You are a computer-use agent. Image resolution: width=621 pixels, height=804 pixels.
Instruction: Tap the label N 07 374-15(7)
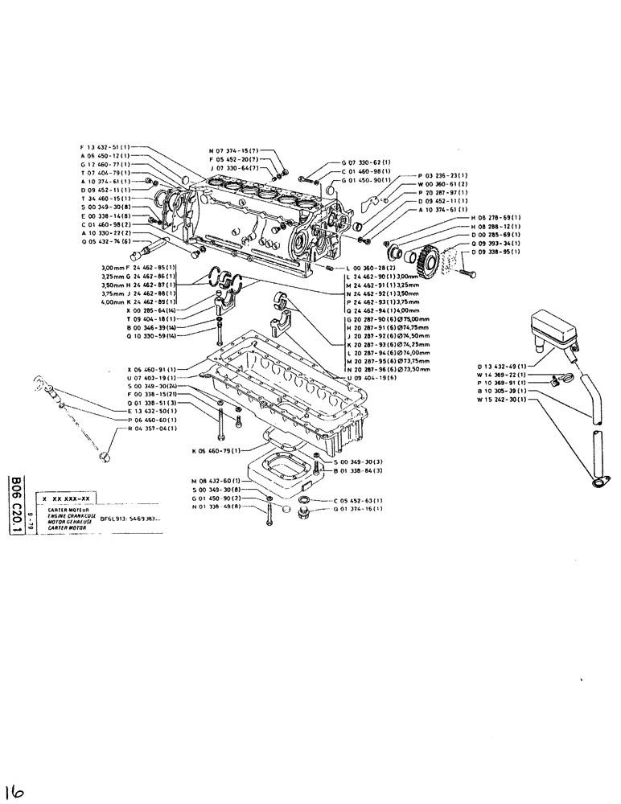[233, 150]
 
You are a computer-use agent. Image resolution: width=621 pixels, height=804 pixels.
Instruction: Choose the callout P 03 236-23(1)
[445, 175]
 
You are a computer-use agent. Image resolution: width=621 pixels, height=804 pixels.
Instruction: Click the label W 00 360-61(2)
[445, 184]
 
